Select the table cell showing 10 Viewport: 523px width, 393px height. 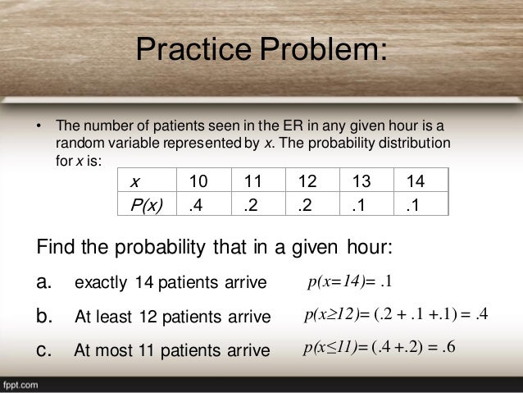click(198, 181)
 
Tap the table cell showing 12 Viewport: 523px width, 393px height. click(307, 181)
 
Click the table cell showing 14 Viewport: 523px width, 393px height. click(416, 181)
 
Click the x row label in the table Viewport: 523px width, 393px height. click(136, 181)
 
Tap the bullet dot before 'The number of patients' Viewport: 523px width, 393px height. click(38, 126)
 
